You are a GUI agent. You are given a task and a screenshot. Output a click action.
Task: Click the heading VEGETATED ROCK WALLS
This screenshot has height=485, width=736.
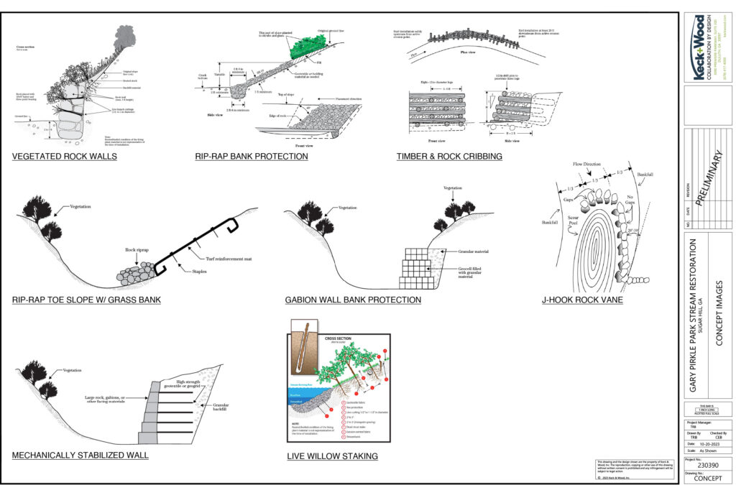[x=65, y=156]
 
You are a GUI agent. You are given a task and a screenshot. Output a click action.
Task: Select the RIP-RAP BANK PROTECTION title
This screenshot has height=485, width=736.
[x=252, y=156]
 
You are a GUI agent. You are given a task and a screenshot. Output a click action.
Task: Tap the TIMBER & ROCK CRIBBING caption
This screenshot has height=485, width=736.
[x=449, y=156]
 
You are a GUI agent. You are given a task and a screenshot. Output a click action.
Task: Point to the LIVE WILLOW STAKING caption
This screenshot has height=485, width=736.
[x=332, y=456]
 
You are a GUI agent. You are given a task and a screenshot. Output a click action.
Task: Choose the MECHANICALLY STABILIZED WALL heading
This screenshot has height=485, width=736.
[x=80, y=456]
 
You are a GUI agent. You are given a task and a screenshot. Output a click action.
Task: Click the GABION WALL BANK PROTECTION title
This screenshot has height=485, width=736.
[x=353, y=301]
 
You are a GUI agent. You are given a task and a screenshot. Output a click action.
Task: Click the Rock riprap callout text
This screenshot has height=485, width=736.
[x=137, y=249]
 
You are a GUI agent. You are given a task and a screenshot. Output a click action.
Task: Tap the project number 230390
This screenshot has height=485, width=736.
[x=708, y=464]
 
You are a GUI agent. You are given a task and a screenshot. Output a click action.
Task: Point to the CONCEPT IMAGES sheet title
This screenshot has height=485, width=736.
[x=721, y=313]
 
